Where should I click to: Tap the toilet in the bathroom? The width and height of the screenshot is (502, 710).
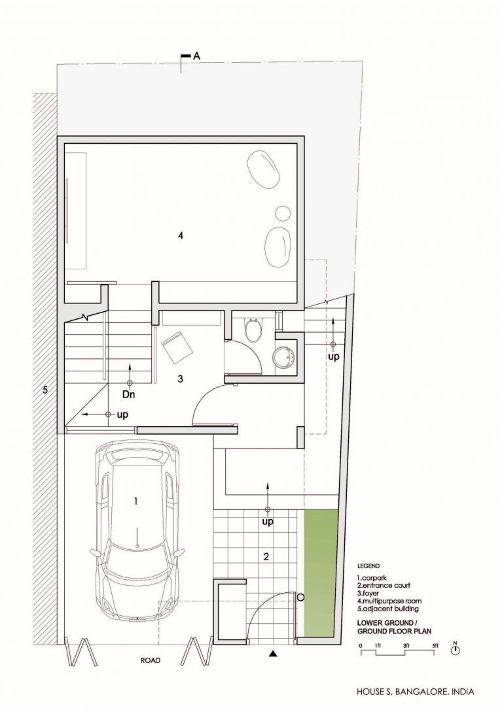(x=253, y=330)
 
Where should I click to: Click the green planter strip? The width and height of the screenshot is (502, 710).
(x=321, y=572)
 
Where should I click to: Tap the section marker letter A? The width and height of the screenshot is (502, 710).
(x=197, y=56)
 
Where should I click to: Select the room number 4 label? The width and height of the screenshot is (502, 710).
(x=181, y=235)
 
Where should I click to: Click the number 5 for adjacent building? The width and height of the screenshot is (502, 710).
(x=45, y=390)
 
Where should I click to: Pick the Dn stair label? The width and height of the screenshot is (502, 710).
(x=129, y=394)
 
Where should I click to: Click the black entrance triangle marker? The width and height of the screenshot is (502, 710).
(x=273, y=653)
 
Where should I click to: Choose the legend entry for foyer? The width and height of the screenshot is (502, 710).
(x=368, y=593)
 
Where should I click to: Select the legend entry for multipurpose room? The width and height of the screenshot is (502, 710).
(x=389, y=601)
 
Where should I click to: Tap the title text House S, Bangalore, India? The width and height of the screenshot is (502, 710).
(x=416, y=692)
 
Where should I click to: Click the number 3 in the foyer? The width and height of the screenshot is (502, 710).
(x=180, y=379)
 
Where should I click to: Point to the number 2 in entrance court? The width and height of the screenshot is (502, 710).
(x=266, y=556)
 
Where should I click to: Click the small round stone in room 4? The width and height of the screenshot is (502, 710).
(x=283, y=213)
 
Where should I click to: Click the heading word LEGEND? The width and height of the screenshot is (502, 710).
(x=368, y=566)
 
